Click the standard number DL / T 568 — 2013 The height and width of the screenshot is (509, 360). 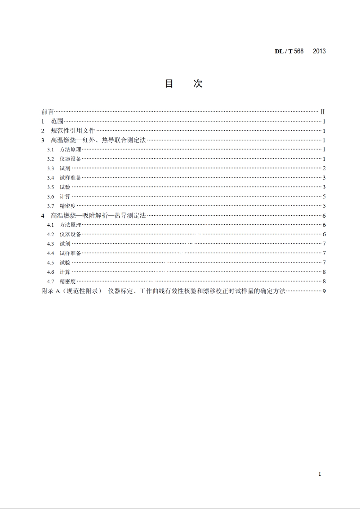pyautogui.click(x=300, y=51)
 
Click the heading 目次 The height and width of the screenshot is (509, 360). pyautogui.click(x=184, y=84)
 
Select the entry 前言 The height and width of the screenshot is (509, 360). pyautogui.click(x=47, y=112)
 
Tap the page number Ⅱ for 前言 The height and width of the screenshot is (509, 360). pyautogui.click(x=322, y=112)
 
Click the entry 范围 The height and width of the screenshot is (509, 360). pyautogui.click(x=57, y=121)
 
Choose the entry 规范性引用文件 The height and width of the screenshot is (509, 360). pyautogui.click(x=73, y=131)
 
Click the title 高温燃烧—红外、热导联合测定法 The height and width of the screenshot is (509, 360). pyautogui.click(x=98, y=140)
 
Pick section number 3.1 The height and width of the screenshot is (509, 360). pyautogui.click(x=50, y=150)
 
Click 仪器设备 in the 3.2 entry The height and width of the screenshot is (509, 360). pyautogui.click(x=70, y=159)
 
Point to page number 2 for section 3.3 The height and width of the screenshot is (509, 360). pyautogui.click(x=324, y=168)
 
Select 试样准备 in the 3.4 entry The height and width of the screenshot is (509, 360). pyautogui.click(x=70, y=178)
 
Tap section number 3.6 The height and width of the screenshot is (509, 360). pyautogui.click(x=50, y=197)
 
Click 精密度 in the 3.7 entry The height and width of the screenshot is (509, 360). pyautogui.click(x=68, y=206)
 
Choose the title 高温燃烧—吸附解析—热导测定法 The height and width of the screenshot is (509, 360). pyautogui.click(x=98, y=215)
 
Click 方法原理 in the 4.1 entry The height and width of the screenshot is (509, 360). pyautogui.click(x=70, y=225)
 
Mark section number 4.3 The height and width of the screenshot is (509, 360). pyautogui.click(x=50, y=244)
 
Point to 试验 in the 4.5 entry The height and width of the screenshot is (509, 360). pyautogui.click(x=65, y=262)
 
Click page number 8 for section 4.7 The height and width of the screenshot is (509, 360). pyautogui.click(x=324, y=281)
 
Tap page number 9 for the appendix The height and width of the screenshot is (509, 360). pyautogui.click(x=324, y=291)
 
